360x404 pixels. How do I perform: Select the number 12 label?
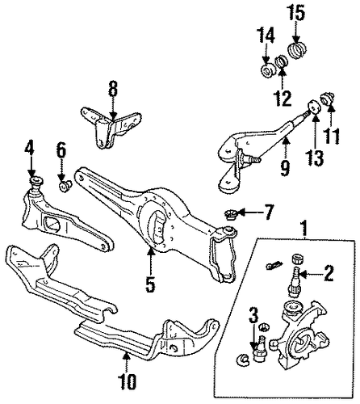tap(282, 98)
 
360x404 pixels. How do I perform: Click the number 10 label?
tap(127, 381)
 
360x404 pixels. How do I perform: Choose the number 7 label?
tap(267, 212)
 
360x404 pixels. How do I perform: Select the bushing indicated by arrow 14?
tap(268, 71)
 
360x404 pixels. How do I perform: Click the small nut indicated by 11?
tap(329, 99)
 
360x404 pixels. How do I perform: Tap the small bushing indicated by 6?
tap(65, 186)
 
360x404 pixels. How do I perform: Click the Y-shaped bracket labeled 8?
tap(111, 127)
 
